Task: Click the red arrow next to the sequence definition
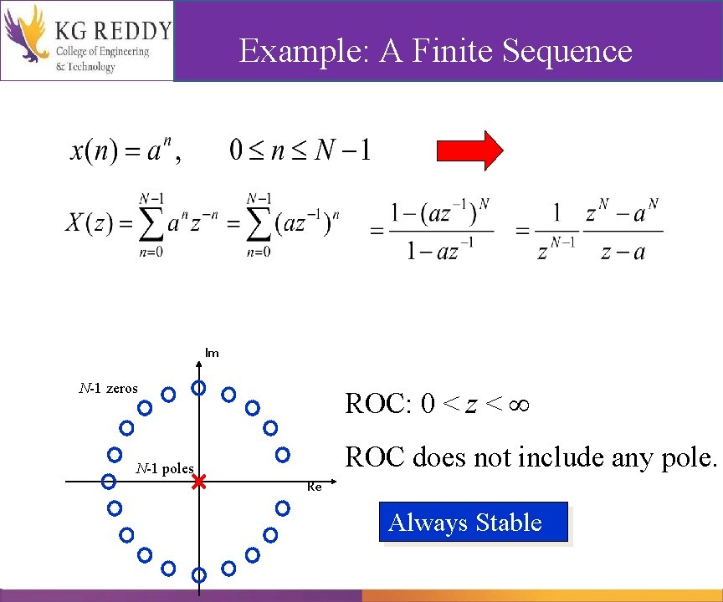470,150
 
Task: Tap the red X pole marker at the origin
198,482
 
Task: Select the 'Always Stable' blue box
474,523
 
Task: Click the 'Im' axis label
212,353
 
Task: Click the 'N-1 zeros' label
109,388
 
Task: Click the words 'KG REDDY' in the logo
113,30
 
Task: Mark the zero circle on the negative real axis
108,481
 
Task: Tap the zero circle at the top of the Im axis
199,387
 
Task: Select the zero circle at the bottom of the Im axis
199,574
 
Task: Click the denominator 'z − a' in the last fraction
623,251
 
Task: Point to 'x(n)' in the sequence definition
91,151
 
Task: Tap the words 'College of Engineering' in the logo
102,52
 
